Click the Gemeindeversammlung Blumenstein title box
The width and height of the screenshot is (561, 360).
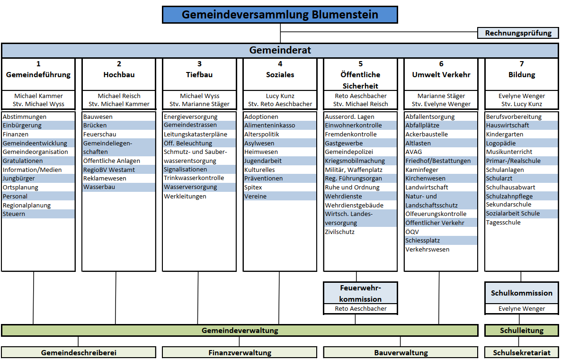pyautogui.click(x=280, y=15)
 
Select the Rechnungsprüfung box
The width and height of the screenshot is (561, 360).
pyautogui.click(x=518, y=33)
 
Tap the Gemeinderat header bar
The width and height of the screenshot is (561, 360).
pyautogui.click(x=280, y=51)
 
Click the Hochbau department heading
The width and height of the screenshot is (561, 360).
pyautogui.click(x=119, y=75)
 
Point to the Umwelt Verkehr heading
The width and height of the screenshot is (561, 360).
pyautogui.click(x=441, y=75)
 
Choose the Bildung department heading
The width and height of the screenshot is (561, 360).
pyautogui.click(x=522, y=75)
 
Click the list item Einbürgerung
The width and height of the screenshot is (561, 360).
pyautogui.click(x=22, y=125)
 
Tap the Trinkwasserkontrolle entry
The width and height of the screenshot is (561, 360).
pyautogui.click(x=194, y=178)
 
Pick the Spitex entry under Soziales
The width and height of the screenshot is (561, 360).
pyautogui.click(x=253, y=187)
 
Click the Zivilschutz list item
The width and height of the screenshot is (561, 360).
pyautogui.click(x=340, y=232)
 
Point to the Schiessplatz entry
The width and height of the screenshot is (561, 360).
pyautogui.click(x=423, y=241)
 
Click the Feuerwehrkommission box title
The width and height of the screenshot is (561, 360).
pyautogui.click(x=360, y=293)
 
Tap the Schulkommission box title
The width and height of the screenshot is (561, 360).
pyautogui.click(x=522, y=293)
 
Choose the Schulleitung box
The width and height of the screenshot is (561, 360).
pyautogui.click(x=522, y=330)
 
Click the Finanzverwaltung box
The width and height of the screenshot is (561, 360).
pyautogui.click(x=240, y=352)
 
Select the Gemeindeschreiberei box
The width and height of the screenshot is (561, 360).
pyautogui.click(x=79, y=352)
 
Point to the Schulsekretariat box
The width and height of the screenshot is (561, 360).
pyautogui.click(x=522, y=352)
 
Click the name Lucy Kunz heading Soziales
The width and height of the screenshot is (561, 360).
pyautogui.click(x=280, y=96)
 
